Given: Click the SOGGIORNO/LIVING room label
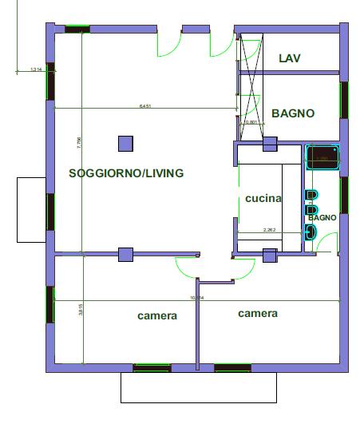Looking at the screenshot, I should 126,173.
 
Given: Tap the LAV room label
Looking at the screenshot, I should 289,58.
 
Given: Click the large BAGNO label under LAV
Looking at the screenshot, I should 292,113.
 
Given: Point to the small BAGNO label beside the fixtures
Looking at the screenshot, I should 322,217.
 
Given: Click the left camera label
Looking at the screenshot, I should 157,316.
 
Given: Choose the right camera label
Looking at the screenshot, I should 258,314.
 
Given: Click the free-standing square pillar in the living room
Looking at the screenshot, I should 125,144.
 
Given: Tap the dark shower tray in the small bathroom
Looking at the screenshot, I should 322,157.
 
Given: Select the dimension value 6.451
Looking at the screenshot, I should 145,105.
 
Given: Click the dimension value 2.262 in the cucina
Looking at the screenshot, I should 270,230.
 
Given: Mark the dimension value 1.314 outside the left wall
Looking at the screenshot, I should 35,70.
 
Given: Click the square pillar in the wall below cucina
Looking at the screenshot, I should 269,255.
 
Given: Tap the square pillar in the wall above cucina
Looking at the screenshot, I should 269,144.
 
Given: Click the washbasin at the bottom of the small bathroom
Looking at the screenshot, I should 311,232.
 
